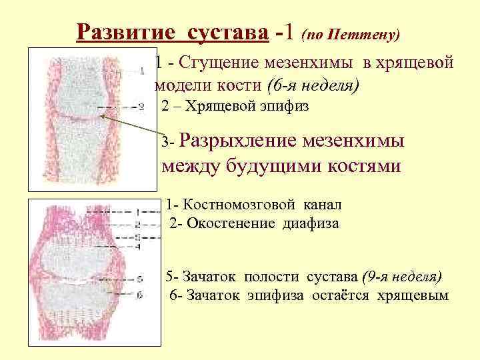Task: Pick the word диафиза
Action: [311, 223]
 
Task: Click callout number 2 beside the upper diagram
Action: [141, 107]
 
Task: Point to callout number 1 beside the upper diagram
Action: [143, 68]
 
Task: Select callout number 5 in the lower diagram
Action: [139, 279]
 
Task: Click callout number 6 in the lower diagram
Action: [139, 294]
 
